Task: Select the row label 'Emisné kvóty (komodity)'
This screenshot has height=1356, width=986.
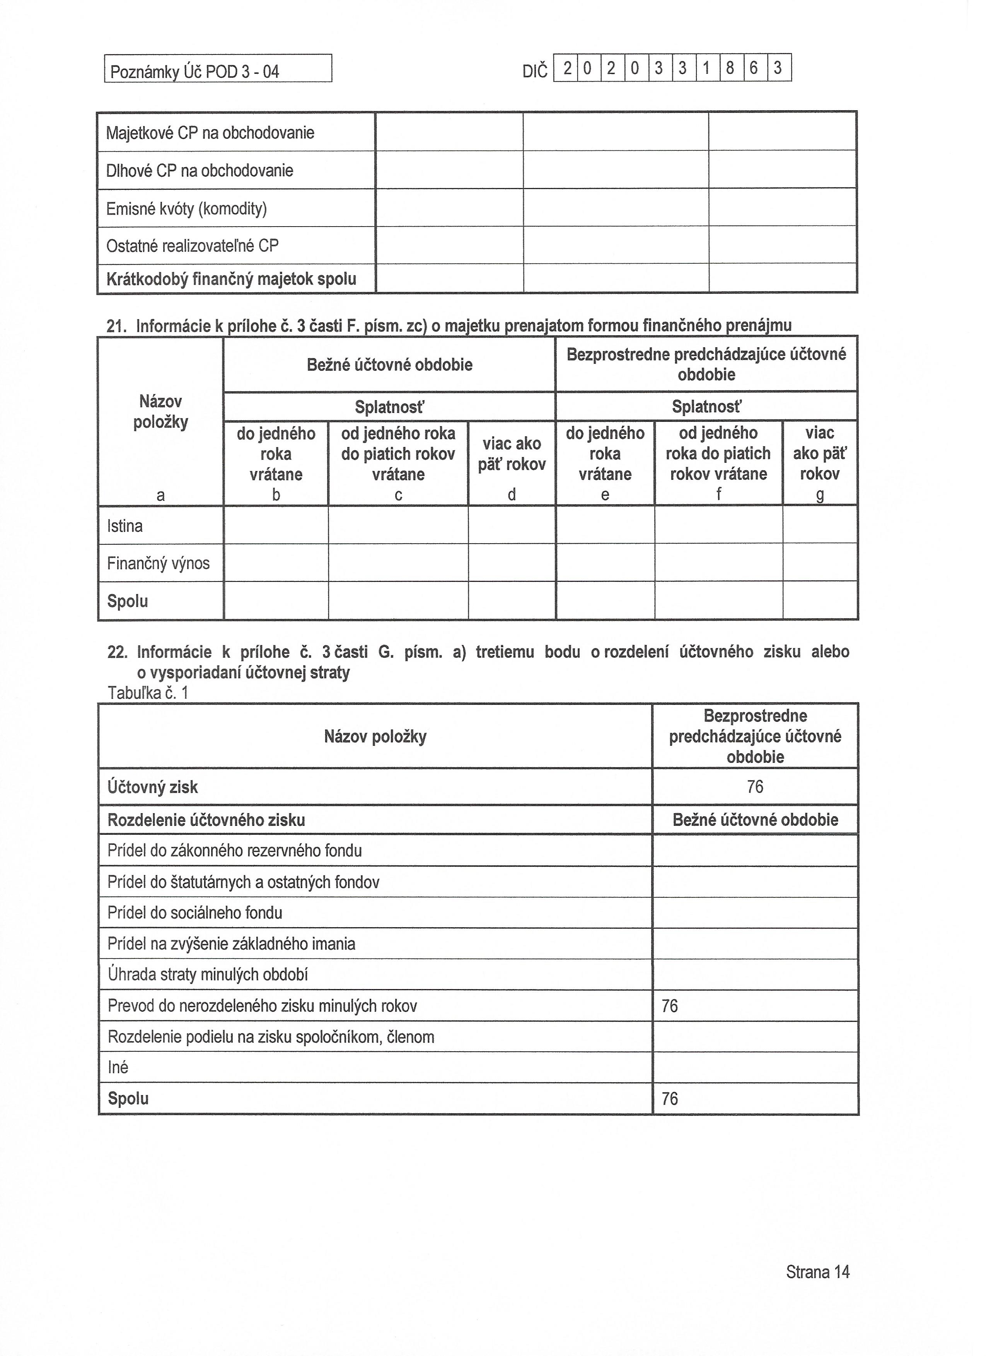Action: point(186,209)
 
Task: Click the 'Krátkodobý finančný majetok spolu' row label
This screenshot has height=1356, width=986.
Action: point(231,279)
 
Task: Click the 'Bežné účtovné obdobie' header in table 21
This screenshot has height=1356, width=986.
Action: point(389,365)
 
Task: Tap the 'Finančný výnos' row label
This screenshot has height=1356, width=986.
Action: point(159,563)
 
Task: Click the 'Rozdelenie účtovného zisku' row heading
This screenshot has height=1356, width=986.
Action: point(206,820)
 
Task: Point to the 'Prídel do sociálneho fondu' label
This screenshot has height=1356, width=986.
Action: point(194,913)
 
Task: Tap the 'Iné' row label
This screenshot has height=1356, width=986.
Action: point(118,1068)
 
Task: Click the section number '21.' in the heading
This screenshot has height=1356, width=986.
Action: point(117,326)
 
